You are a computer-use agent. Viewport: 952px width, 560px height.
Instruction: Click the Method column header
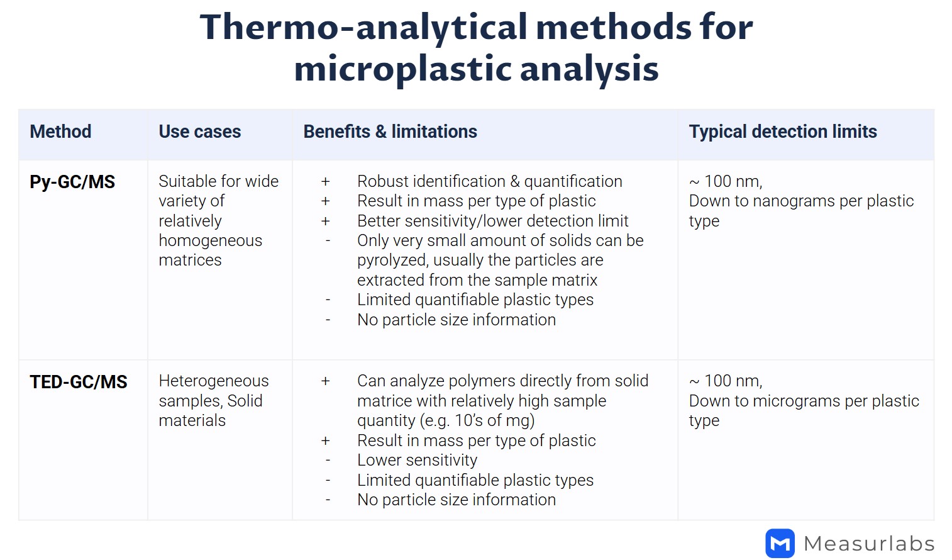(60, 132)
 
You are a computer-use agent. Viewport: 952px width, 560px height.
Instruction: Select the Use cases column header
(199, 132)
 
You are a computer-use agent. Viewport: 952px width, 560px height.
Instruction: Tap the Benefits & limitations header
(390, 132)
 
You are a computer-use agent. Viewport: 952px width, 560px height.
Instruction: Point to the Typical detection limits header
(782, 132)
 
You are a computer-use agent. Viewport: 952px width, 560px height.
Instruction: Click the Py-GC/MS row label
(72, 182)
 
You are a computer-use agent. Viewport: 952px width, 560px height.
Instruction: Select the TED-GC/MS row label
(79, 382)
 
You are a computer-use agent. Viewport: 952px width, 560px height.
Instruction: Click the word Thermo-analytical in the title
(363, 28)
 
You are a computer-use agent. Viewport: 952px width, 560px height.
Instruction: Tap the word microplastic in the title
(402, 69)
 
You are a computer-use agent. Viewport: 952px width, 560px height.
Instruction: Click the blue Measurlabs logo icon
(780, 543)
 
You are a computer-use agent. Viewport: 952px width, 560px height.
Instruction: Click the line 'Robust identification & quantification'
(489, 181)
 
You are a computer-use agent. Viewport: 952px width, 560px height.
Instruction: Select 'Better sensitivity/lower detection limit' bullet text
(492, 221)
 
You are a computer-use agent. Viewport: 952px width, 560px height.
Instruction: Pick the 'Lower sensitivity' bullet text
(417, 460)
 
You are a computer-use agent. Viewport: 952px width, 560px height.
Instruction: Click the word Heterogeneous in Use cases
(213, 381)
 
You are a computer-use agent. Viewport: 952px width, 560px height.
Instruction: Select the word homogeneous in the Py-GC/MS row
(210, 240)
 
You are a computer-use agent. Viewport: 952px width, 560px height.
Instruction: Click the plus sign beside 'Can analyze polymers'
(325, 381)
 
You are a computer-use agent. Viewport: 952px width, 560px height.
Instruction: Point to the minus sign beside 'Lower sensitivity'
(328, 460)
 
